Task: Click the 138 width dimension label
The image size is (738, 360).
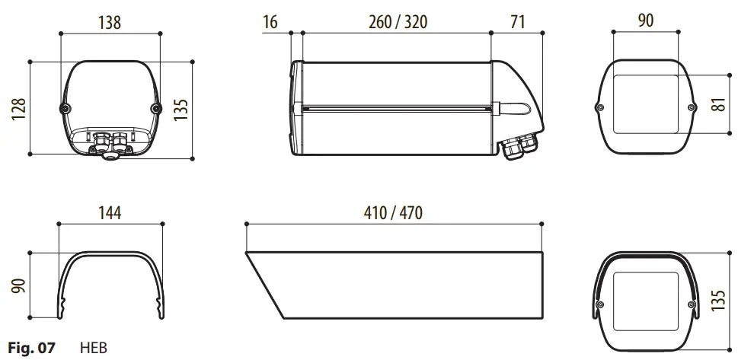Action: pos(110,22)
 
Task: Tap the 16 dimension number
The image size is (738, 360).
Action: pos(270,22)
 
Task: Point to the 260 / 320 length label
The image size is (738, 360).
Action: pos(398,22)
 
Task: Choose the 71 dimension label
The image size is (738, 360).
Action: pos(518,22)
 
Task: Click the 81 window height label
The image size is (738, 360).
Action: pos(717,104)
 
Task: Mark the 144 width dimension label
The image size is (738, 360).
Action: pos(110,212)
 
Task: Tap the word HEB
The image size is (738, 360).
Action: pos(94,349)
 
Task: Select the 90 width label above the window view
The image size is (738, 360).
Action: pos(645,22)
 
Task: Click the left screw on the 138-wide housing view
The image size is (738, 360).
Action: pos(64,109)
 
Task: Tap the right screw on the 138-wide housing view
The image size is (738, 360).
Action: pos(156,109)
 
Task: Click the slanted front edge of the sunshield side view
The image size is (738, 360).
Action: pos(263,284)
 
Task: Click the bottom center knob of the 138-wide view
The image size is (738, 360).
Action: pos(111,155)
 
